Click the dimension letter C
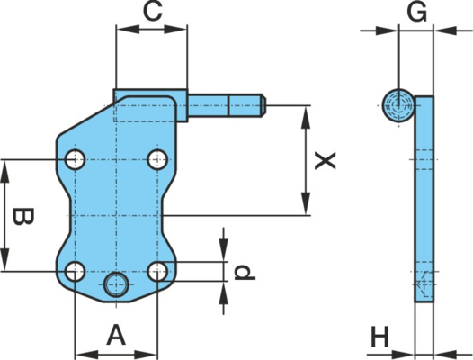[x=153, y=12]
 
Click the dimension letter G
[x=417, y=13]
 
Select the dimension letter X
[x=326, y=161]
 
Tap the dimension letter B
[x=23, y=217]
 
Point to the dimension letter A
[x=116, y=335]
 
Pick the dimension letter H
[x=380, y=337]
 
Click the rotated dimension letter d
[x=245, y=273]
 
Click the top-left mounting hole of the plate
[x=76, y=159]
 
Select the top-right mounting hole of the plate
[x=157, y=159]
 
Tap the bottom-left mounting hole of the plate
[x=76, y=271]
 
